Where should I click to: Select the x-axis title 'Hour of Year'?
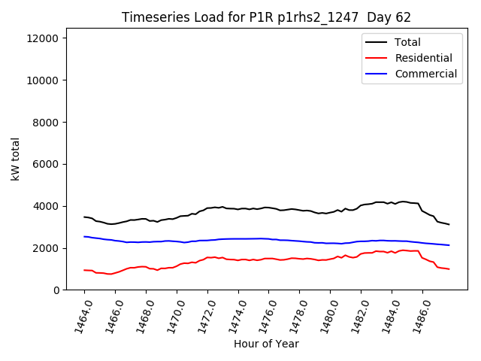coord(266,344)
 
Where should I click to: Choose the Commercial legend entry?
coord(425,74)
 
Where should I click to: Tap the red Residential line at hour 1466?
coord(115,272)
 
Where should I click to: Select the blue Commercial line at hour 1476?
coord(269,238)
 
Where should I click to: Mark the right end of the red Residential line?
coord(449,269)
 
